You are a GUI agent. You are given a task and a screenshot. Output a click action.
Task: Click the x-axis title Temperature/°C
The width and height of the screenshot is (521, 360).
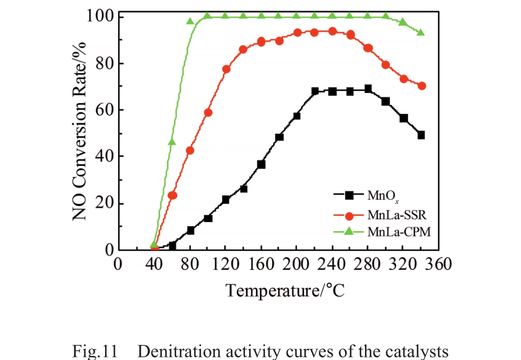tap(285, 289)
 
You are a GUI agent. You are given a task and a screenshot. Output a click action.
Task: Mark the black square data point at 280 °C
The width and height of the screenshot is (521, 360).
tap(368, 89)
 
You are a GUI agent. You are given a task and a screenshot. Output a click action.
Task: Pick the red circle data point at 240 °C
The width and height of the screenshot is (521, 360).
tap(332, 31)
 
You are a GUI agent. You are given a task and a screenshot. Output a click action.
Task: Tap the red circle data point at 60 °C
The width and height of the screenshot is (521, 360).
tap(173, 195)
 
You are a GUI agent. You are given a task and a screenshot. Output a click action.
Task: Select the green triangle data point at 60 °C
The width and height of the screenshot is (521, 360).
tap(172, 142)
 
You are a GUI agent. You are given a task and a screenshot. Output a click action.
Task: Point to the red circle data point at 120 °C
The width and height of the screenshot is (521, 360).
tap(226, 69)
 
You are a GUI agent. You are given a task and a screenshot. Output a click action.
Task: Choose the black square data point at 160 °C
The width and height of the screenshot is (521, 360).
tap(261, 164)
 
